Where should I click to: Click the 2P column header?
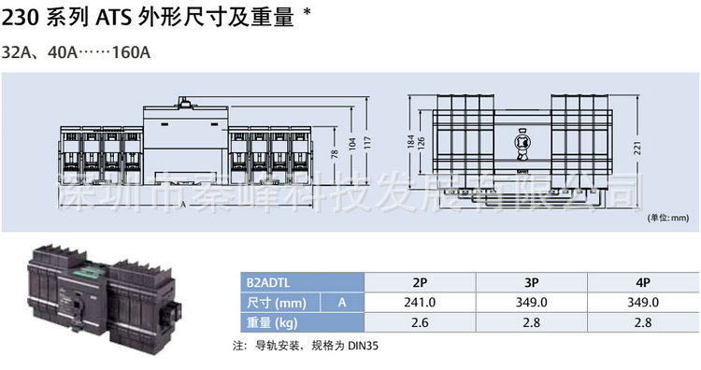click(421, 280)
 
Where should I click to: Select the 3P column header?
click(531, 280)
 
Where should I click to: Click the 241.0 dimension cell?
click(421, 303)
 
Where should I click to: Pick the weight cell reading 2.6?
click(421, 324)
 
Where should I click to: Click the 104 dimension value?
click(352, 148)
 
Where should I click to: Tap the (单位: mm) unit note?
click(667, 218)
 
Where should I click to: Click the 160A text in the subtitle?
click(132, 52)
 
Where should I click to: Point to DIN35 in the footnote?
click(365, 346)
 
